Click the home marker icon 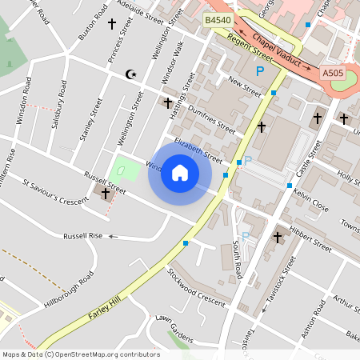coord(180,173)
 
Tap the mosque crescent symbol coord(130,74)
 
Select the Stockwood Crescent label coord(196,286)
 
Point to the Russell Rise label coord(83,236)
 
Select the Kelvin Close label coord(310,200)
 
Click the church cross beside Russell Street coord(106,193)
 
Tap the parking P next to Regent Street coord(259,72)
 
